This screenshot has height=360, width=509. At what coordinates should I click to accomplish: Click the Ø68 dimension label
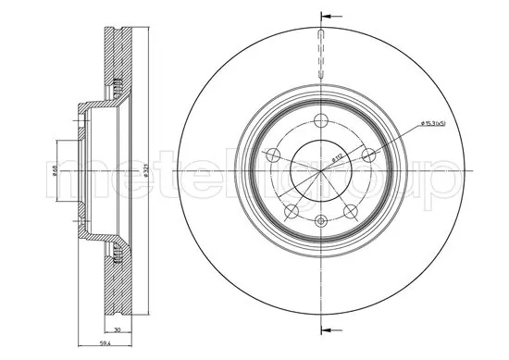click(x=56, y=170)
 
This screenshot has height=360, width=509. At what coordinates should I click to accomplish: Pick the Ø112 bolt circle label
click(x=340, y=159)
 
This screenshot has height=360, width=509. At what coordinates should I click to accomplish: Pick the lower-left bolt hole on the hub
click(x=290, y=209)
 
